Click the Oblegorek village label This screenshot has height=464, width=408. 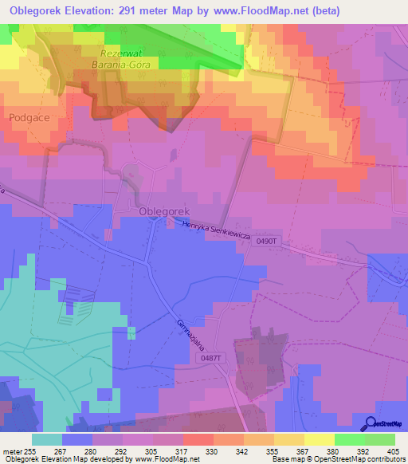164,211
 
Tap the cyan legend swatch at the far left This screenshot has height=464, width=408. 46,438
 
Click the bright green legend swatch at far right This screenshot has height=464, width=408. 379,438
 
